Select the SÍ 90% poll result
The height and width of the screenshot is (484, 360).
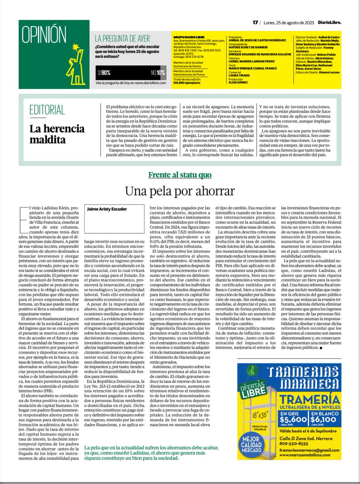click(x=104, y=73)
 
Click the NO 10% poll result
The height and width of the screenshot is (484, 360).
click(x=158, y=73)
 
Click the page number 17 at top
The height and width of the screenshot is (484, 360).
click(x=255, y=23)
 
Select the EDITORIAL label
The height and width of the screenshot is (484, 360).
click(x=47, y=109)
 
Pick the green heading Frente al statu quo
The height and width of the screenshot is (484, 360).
click(x=180, y=175)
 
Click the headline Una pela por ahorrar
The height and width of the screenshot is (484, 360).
click(x=180, y=190)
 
